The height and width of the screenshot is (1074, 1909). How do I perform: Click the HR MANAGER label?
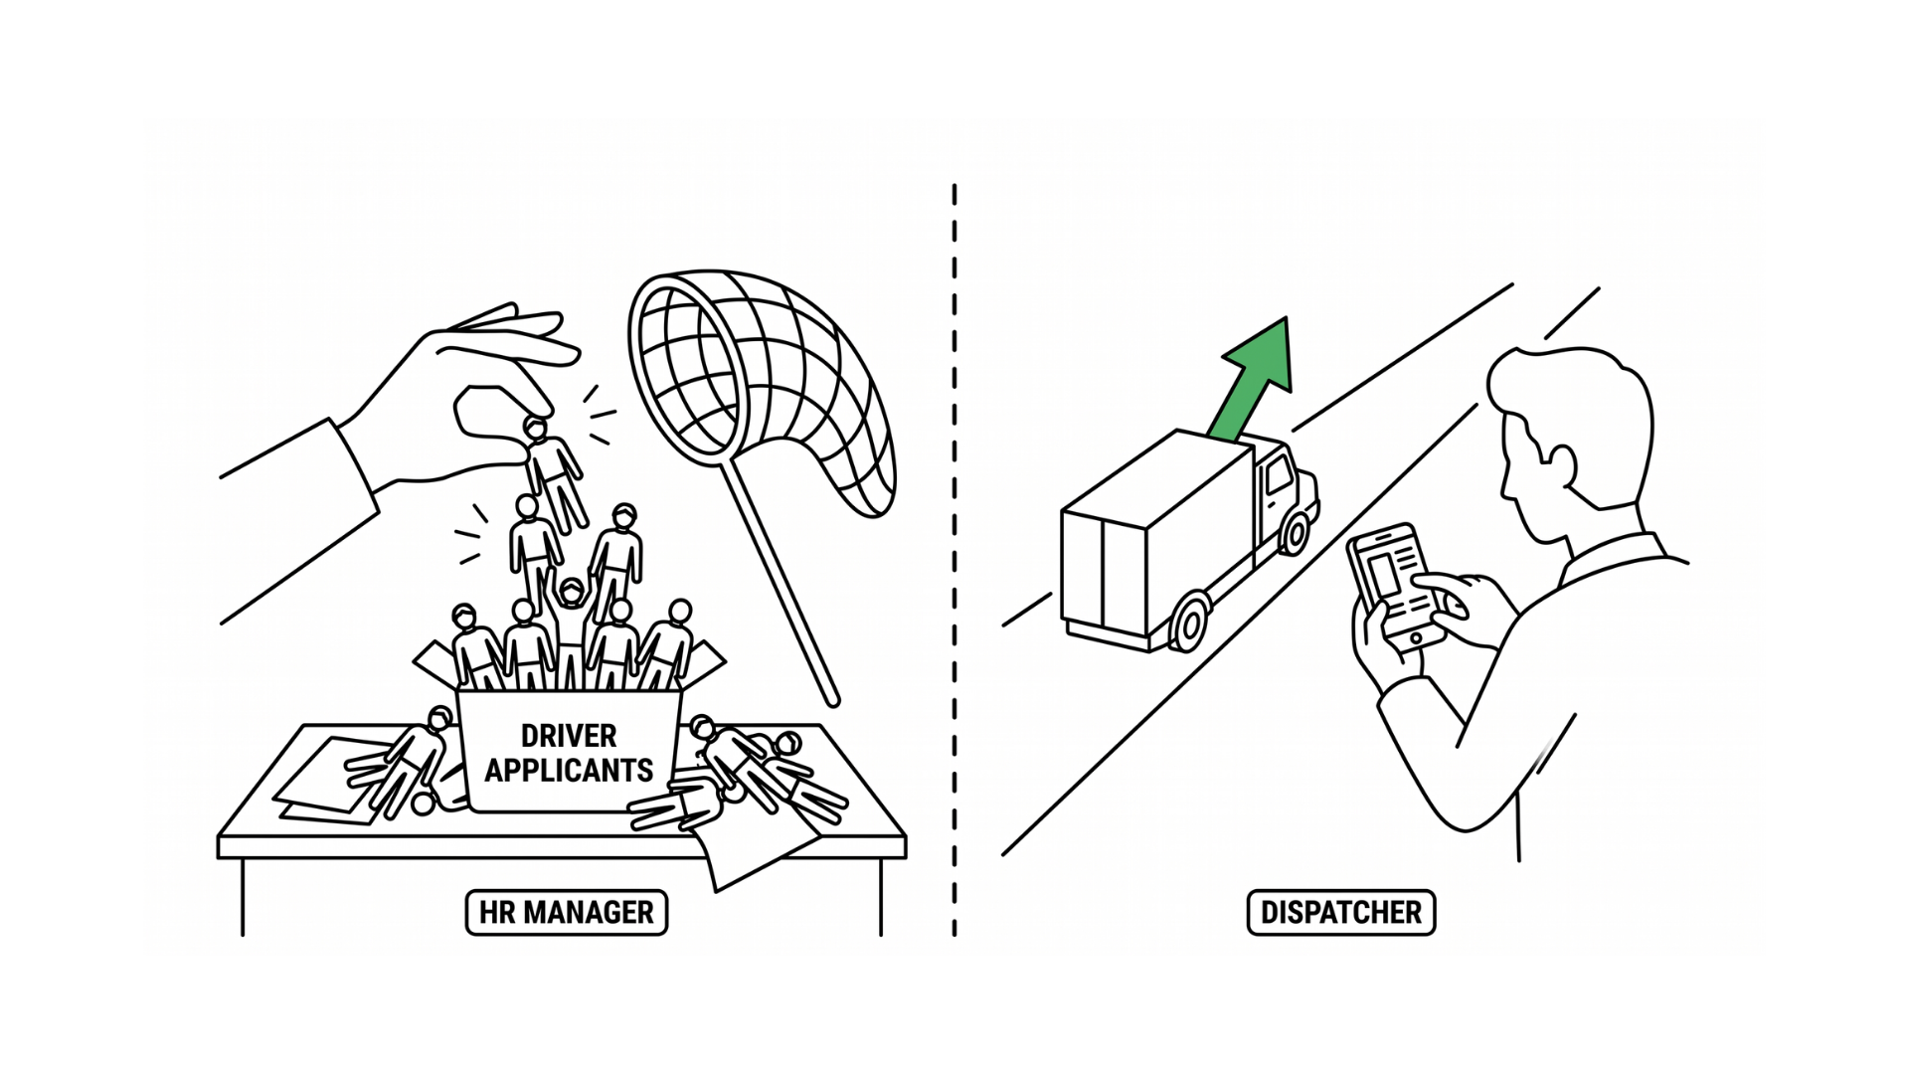566,912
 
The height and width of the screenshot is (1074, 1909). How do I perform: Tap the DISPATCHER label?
1340,912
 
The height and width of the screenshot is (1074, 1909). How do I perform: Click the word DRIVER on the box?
569,736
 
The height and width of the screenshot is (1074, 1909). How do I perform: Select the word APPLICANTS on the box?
569,770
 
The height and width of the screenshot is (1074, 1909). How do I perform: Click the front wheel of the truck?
1295,532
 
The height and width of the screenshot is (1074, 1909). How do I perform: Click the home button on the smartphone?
1416,637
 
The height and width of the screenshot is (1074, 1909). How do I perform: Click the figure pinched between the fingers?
554,472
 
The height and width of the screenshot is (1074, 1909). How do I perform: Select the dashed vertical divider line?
954,560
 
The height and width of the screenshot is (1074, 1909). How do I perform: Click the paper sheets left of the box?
328,781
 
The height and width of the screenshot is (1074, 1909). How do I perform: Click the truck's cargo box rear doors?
1104,572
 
